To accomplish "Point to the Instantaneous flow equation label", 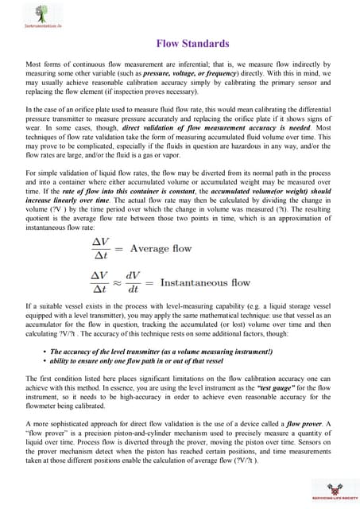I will coord(205,282).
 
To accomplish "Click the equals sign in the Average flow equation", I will coord(129,248).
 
